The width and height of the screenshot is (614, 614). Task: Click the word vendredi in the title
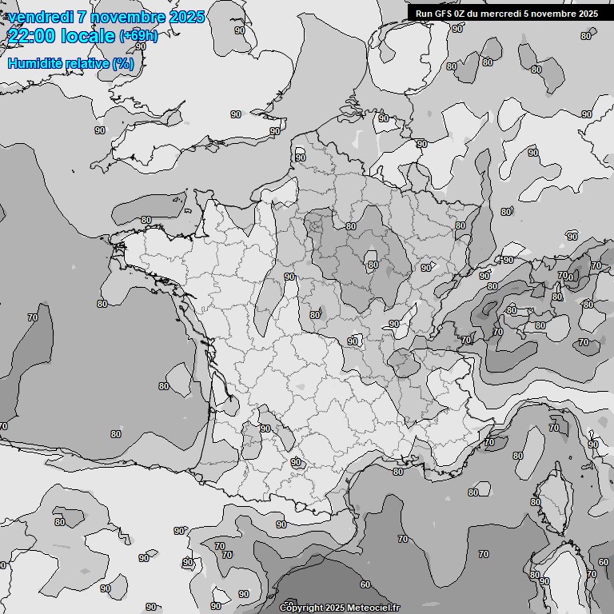42,17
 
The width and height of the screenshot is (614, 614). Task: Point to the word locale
88,35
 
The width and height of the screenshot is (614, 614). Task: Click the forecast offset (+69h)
138,36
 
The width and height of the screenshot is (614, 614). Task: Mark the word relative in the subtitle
88,63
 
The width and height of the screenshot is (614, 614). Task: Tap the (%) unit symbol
122,63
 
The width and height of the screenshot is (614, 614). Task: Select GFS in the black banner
445,14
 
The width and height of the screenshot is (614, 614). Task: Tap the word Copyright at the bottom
301,608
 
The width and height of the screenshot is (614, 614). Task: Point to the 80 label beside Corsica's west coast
518,456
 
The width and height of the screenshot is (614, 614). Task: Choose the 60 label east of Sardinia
604,563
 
